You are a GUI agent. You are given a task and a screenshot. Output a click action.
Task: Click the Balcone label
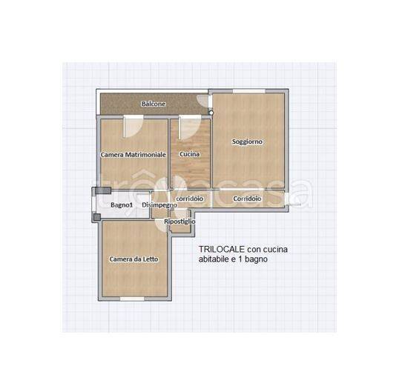154,104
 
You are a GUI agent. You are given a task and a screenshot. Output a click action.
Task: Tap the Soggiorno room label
247,142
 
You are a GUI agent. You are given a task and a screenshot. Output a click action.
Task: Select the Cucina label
190,154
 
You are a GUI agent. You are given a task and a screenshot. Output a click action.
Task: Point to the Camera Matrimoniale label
133,155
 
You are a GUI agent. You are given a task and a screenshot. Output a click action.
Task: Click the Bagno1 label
122,205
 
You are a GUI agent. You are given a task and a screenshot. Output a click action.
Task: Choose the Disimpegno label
159,205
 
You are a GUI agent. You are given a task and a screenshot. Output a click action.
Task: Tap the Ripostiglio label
180,222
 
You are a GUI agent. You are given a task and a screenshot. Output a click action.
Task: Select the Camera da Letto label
134,259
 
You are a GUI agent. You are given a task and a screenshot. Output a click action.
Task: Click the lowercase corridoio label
190,199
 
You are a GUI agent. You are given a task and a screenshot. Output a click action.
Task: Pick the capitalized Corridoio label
247,199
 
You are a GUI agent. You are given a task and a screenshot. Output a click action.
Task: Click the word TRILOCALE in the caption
222,249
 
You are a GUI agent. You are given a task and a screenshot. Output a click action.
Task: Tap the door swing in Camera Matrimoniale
133,126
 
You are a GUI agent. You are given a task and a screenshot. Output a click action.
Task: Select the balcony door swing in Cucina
190,127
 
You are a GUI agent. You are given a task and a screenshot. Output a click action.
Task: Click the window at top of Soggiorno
249,91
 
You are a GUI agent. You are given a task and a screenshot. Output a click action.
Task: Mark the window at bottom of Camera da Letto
132,299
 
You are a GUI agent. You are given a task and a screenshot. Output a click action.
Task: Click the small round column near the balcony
211,113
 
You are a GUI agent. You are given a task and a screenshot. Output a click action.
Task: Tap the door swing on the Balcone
203,101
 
